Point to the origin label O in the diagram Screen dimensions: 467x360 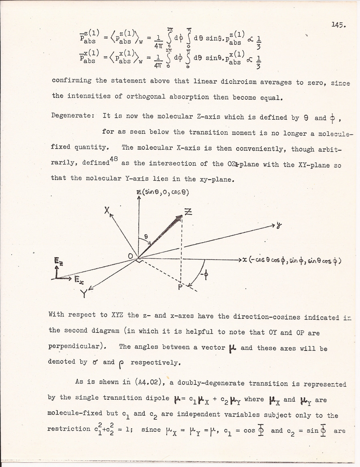click(x=131, y=256)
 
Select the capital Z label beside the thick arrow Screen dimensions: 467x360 click(x=188, y=214)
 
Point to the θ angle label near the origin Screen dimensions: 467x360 click(x=146, y=237)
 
